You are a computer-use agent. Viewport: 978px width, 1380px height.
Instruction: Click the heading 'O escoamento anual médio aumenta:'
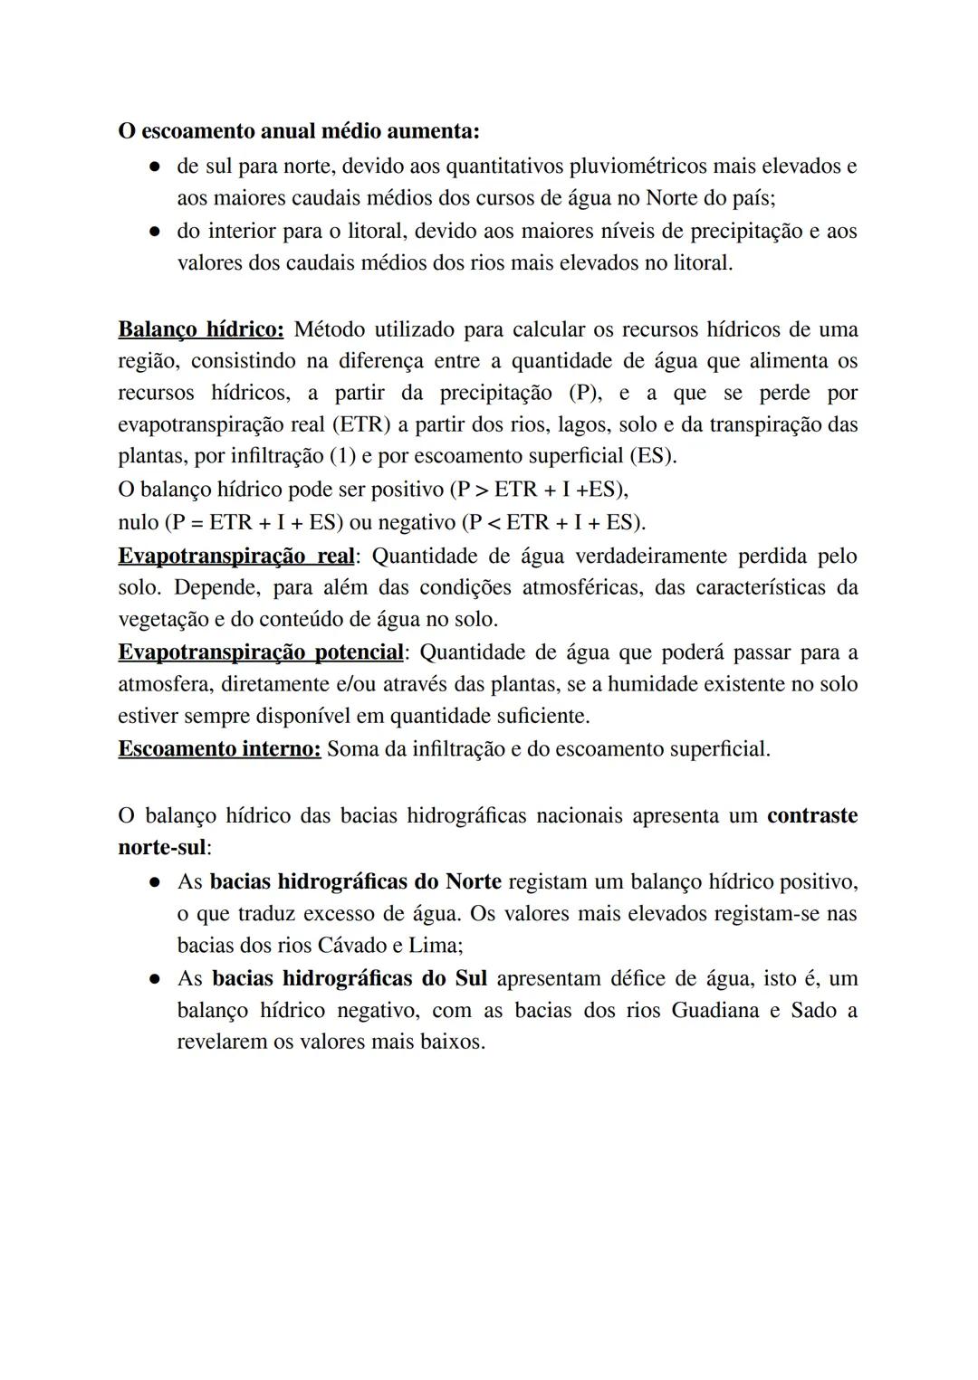[299, 131]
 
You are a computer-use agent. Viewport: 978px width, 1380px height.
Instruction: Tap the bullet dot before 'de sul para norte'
[156, 167]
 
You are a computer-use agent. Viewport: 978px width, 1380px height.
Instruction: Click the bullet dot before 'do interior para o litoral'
[156, 232]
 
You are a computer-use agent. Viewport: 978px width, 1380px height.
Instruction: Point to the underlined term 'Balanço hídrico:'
[201, 328]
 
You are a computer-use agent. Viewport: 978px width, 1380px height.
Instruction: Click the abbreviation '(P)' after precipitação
[587, 393]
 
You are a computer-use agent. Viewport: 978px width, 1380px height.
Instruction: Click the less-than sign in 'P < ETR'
[494, 523]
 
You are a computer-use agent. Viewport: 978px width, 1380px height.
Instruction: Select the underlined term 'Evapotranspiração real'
[235, 556]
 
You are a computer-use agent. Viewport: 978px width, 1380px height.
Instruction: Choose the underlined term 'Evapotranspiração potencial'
[261, 652]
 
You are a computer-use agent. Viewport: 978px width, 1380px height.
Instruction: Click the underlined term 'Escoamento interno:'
[219, 749]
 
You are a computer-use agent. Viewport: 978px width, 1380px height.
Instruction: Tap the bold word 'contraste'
[811, 815]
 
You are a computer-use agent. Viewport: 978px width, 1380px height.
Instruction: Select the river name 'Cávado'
[350, 946]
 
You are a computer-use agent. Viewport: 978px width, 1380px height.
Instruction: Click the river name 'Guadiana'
[714, 1010]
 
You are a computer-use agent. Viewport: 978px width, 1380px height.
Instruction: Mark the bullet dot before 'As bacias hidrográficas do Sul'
[156, 979]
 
